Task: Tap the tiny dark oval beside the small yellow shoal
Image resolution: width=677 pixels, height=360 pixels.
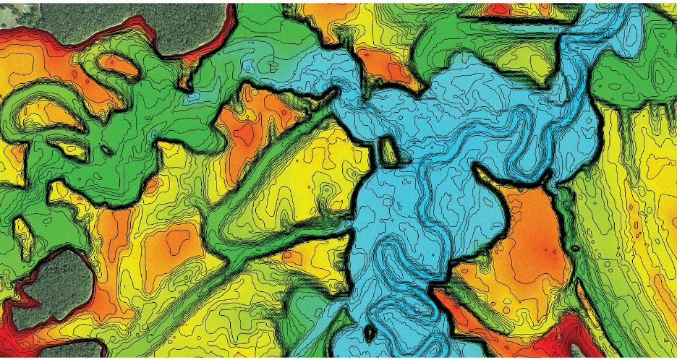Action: coord(106,151)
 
